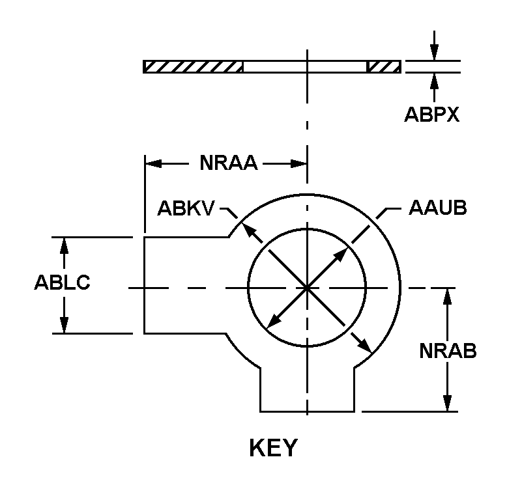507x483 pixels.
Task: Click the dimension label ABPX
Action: (x=432, y=115)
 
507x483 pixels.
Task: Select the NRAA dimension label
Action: (x=229, y=163)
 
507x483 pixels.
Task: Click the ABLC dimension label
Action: (x=62, y=284)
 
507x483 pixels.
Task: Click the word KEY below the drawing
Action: (x=273, y=448)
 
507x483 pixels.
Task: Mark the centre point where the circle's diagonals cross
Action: (x=306, y=286)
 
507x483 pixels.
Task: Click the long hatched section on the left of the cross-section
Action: (x=193, y=67)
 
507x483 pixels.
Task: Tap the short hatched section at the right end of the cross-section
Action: (x=383, y=67)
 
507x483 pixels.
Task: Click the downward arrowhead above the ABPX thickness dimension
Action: (x=435, y=55)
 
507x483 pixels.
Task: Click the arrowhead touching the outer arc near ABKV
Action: (x=245, y=225)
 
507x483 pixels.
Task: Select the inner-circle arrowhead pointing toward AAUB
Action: (x=343, y=250)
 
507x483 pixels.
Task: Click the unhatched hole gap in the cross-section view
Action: (x=304, y=67)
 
